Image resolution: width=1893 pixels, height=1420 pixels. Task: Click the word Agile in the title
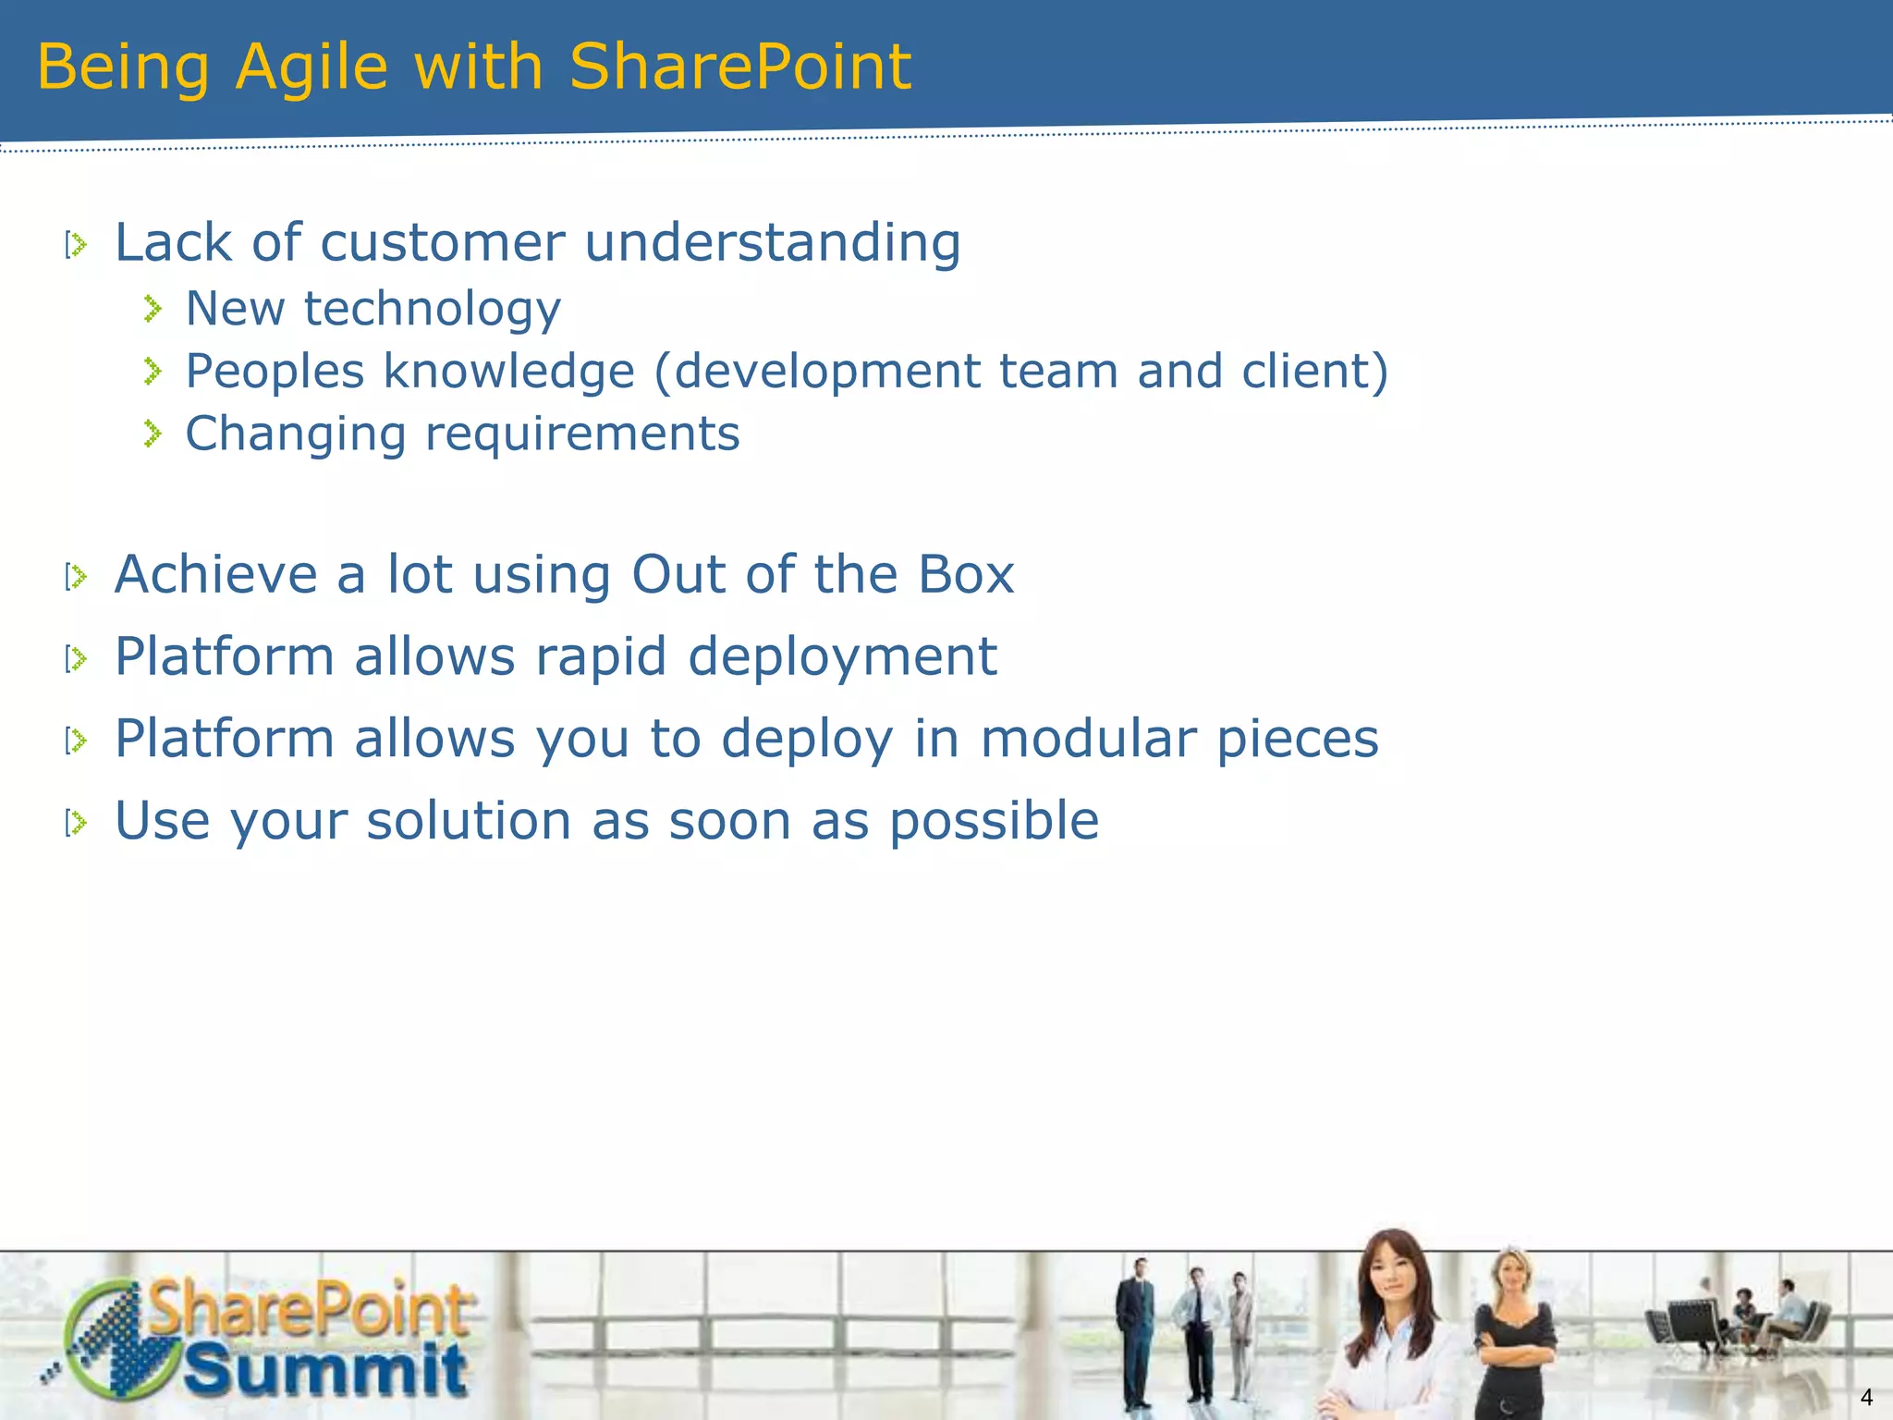tap(311, 67)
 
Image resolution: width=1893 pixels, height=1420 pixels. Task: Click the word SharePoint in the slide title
tap(739, 67)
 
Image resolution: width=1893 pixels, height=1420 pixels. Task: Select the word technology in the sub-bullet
tap(433, 310)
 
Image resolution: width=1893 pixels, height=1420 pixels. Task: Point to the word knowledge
tap(508, 372)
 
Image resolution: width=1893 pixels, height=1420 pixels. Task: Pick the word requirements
tap(582, 435)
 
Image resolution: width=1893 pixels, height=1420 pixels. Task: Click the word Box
tap(966, 575)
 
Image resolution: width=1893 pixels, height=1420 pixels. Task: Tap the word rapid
tap(601, 657)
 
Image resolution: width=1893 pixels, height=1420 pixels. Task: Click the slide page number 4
tap(1866, 1397)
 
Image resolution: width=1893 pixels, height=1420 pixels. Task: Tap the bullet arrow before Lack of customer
tap(77, 245)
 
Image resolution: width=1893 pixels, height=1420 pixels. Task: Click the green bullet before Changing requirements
tap(153, 434)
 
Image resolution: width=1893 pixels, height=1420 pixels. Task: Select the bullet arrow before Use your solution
tap(77, 822)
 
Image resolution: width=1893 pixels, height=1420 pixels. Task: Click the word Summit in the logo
tap(325, 1370)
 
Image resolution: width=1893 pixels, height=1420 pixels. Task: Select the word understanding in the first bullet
tap(773, 243)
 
